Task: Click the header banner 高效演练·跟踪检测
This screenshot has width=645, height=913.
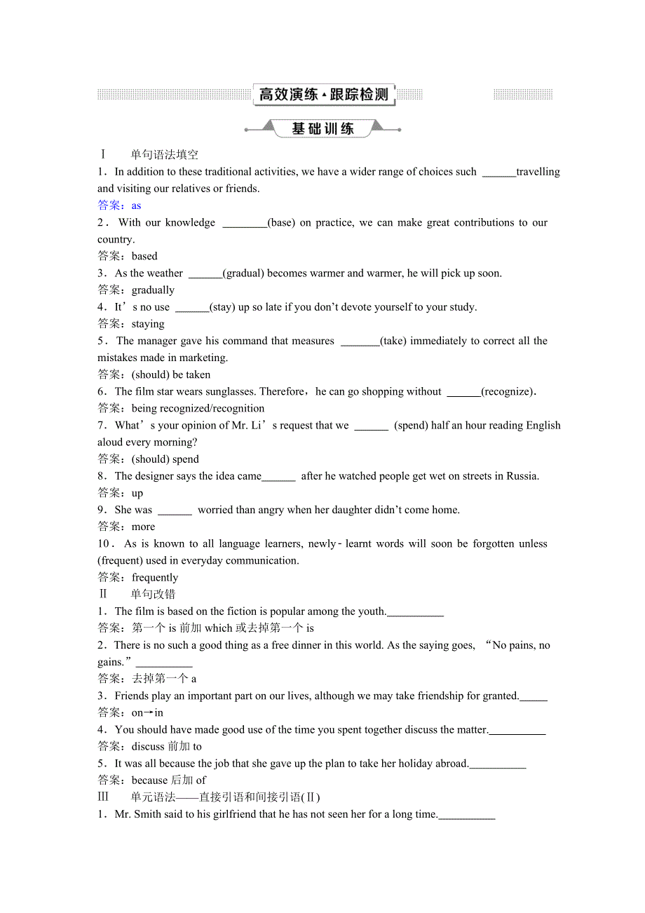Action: click(x=324, y=95)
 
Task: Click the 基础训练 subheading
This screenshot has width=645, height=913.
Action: click(x=322, y=129)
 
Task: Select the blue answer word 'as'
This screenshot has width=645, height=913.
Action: click(x=136, y=205)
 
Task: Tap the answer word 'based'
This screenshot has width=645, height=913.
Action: click(x=144, y=256)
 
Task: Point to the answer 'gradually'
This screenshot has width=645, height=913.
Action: click(x=153, y=290)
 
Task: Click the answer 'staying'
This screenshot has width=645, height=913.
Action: click(x=148, y=324)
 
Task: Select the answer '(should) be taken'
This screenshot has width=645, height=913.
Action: click(x=171, y=374)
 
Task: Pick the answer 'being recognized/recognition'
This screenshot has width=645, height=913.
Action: click(x=198, y=408)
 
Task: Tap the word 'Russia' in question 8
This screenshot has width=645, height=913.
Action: click(x=522, y=476)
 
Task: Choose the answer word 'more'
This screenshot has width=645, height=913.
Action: click(x=143, y=527)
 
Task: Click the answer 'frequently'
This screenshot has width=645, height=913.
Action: click(x=155, y=577)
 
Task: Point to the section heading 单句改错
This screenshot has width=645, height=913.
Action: click(x=153, y=595)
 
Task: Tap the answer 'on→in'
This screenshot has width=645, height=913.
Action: click(x=147, y=712)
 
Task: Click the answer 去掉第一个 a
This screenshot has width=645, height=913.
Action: click(x=164, y=679)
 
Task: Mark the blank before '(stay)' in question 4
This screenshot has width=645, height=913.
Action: click(x=191, y=307)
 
